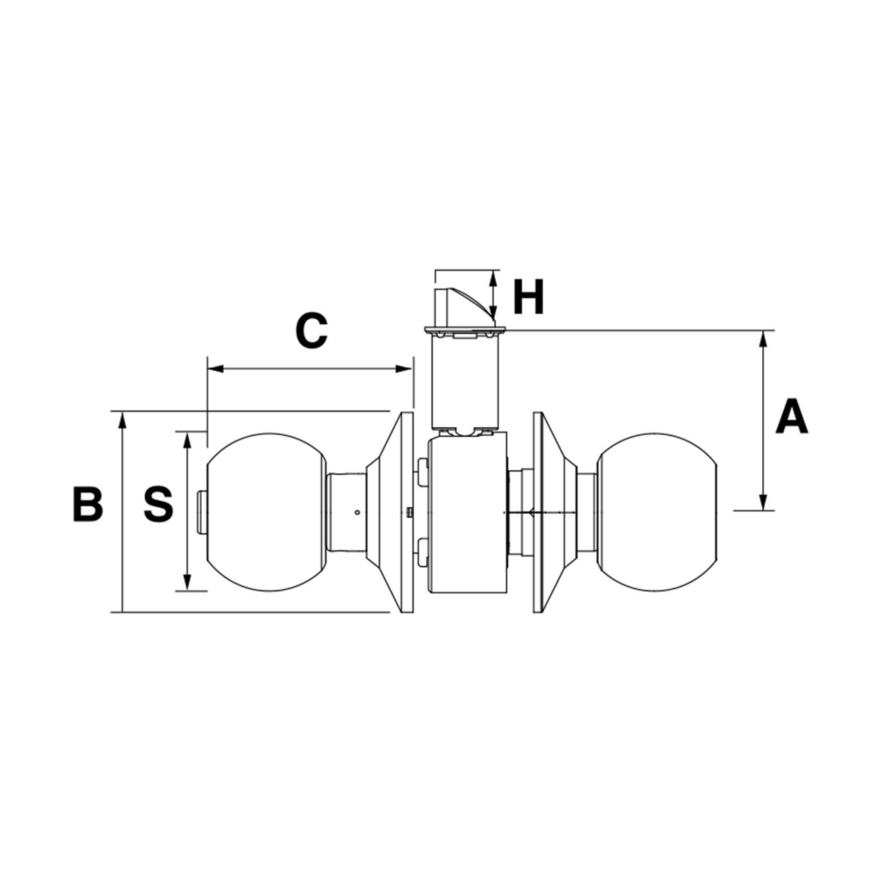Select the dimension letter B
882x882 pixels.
click(88, 504)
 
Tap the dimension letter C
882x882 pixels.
click(311, 330)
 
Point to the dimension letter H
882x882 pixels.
click(529, 298)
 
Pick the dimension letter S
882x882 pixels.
click(158, 504)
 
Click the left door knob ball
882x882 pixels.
click(265, 511)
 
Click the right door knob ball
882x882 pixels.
click(657, 511)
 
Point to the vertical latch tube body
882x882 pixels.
click(463, 382)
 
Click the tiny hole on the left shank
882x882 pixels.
click(357, 513)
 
